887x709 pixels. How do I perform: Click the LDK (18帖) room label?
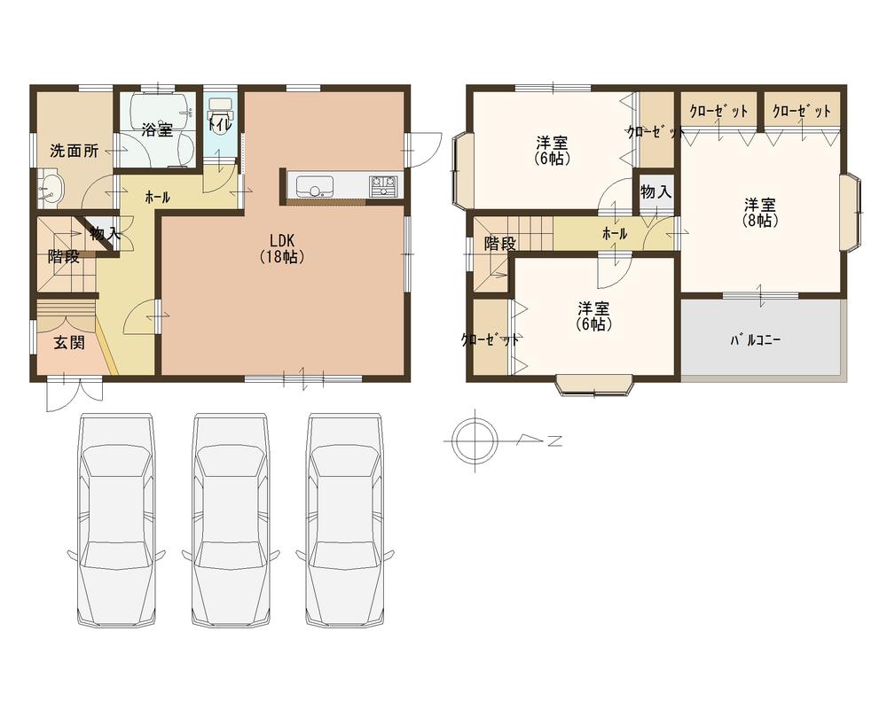[283, 248]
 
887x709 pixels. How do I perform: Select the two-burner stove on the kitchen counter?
[383, 186]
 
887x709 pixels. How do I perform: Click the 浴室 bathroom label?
[157, 130]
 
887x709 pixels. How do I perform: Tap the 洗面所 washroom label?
[74, 150]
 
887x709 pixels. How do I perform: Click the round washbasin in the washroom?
[51, 188]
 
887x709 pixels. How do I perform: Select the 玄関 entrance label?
[68, 342]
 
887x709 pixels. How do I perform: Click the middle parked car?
[231, 523]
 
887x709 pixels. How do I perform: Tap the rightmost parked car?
[346, 523]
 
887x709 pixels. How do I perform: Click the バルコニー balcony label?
[755, 340]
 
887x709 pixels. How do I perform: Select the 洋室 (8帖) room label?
[761, 212]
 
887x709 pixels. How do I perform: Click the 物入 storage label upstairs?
[655, 192]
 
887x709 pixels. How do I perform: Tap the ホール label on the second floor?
[614, 234]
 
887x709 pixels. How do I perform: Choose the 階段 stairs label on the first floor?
[64, 257]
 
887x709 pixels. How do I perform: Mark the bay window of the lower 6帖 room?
[595, 385]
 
